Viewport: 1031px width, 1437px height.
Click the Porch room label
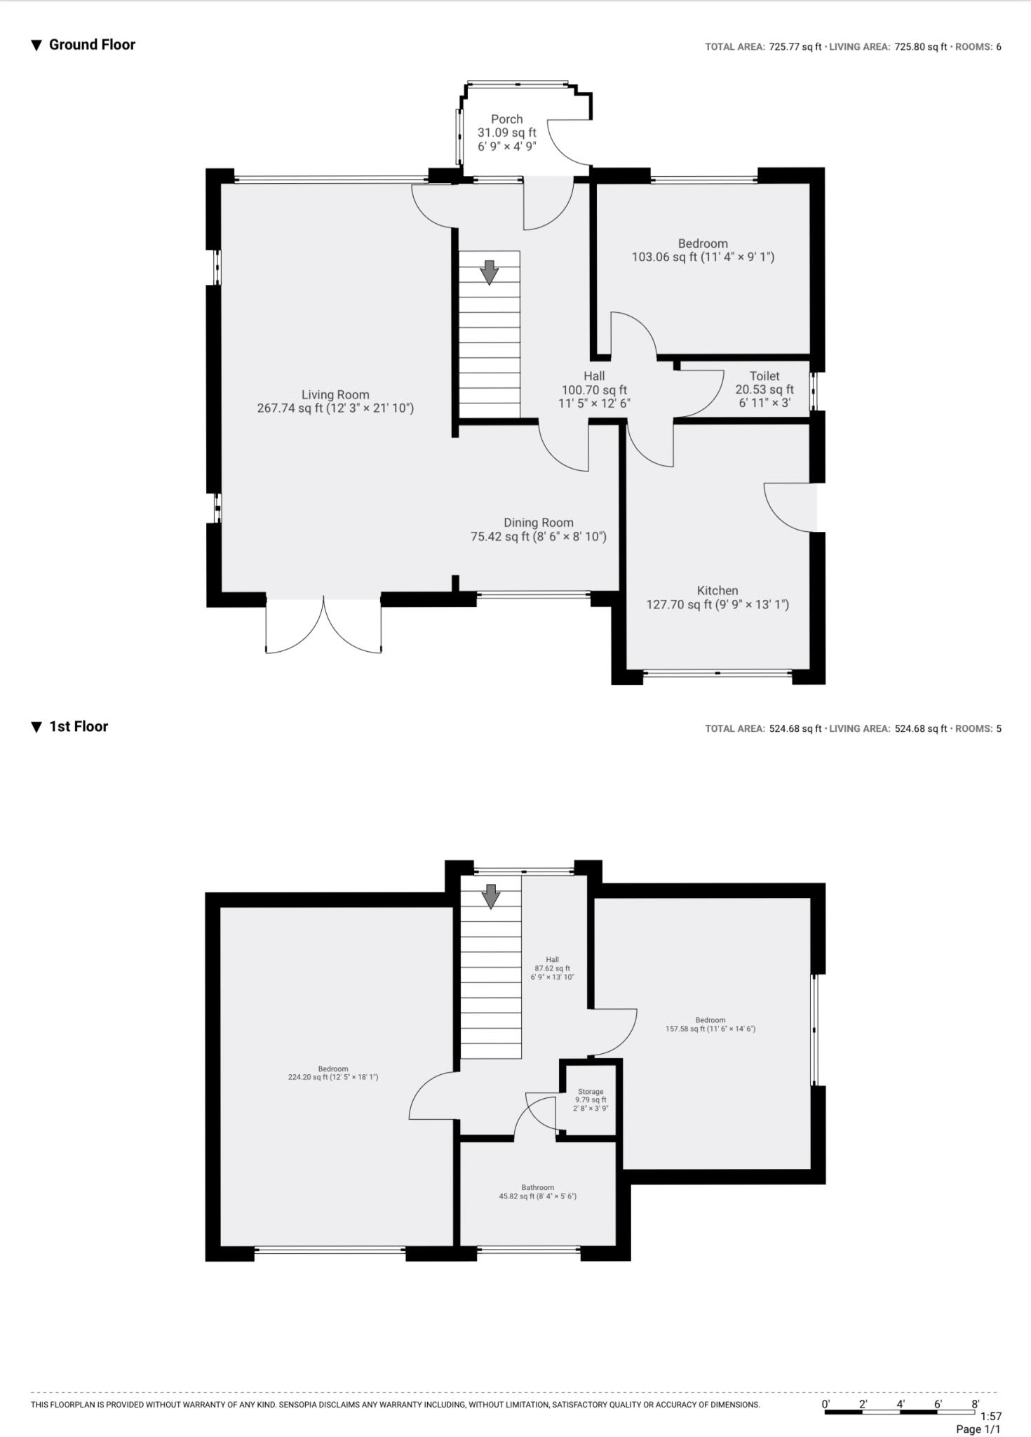click(x=506, y=133)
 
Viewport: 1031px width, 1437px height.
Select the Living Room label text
click(x=335, y=401)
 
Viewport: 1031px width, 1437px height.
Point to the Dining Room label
click(x=538, y=529)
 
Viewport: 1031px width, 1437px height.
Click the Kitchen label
click(x=717, y=597)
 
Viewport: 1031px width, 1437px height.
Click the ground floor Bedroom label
click(x=702, y=250)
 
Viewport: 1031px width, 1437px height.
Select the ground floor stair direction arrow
click(x=489, y=272)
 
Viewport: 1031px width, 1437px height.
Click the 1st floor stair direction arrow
click(x=491, y=896)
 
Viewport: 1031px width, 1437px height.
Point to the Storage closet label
click(x=591, y=1100)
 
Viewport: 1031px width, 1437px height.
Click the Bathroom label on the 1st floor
click(x=537, y=1191)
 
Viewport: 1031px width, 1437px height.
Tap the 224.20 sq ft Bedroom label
click(x=332, y=1073)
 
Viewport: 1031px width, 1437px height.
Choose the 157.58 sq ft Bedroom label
click(x=710, y=1024)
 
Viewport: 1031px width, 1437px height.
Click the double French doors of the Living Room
click(x=323, y=627)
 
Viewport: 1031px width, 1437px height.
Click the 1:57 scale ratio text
click(x=990, y=1416)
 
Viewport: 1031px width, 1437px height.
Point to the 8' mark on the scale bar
click(x=976, y=1403)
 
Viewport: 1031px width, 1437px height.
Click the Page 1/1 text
click(x=978, y=1429)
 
